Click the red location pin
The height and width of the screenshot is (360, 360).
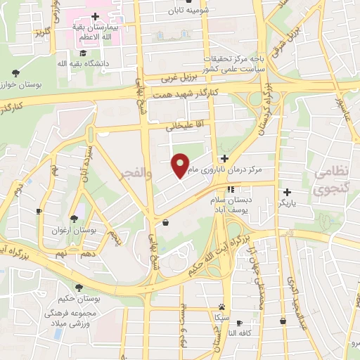181,165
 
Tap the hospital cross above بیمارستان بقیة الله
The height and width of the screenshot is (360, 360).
95,15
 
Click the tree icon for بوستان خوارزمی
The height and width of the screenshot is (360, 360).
15,72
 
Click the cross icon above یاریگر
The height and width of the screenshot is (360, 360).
287,191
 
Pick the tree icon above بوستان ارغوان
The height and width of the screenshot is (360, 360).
74,219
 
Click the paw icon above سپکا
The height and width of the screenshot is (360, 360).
222,307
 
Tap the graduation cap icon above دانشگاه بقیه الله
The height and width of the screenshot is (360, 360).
83,53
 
